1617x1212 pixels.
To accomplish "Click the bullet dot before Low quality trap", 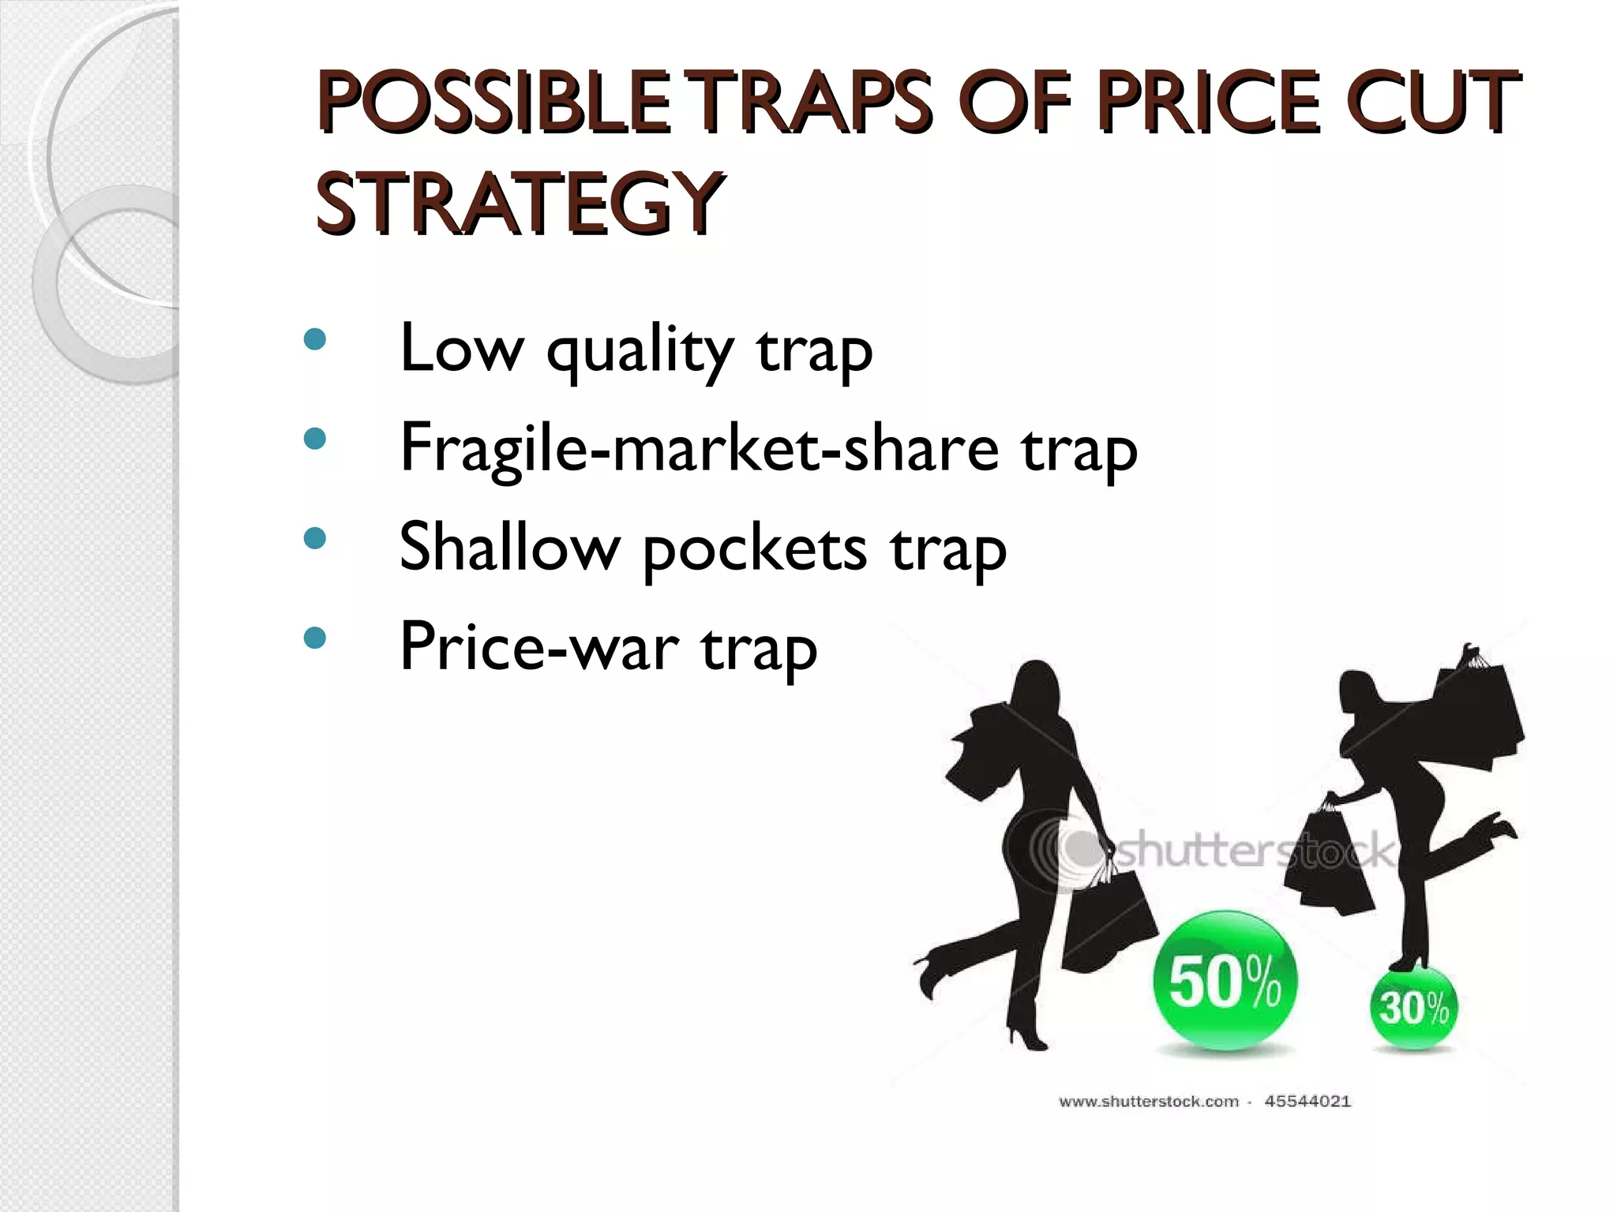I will click(314, 340).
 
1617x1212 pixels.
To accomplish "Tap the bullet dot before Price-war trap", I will click(314, 638).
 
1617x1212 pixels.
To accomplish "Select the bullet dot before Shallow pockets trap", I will click(314, 539).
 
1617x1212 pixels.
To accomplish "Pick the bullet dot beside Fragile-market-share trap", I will click(314, 440).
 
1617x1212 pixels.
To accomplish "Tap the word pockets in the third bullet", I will click(754, 548).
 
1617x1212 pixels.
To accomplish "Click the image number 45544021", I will click(1307, 1101).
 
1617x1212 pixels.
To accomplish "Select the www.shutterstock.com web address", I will click(1149, 1101).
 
